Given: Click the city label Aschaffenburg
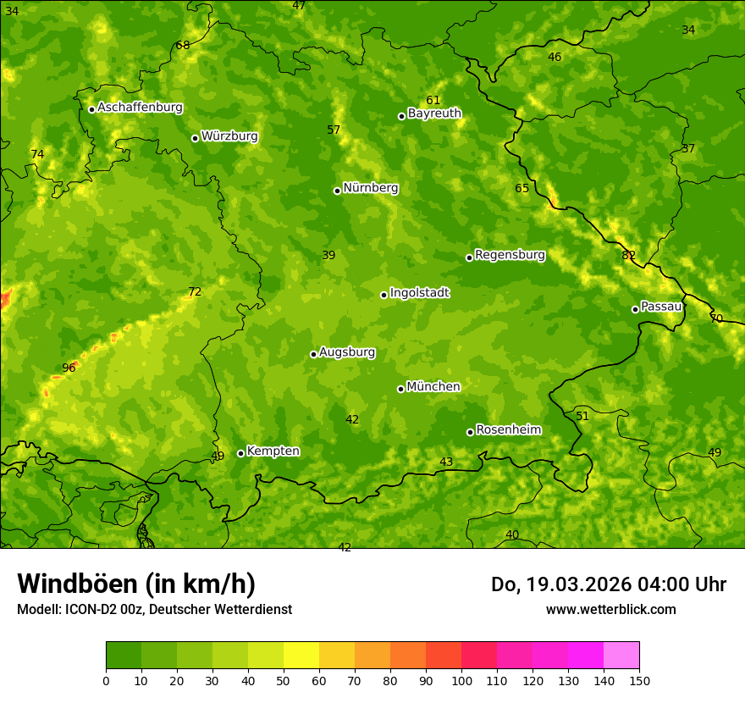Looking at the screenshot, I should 140,108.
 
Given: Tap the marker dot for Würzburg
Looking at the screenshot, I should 195,138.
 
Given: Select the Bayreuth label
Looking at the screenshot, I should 434,113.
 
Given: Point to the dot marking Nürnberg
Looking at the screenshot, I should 337,191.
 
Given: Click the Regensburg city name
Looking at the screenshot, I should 510,255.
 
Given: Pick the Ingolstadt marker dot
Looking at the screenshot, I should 384,295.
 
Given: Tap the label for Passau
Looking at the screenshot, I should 661,307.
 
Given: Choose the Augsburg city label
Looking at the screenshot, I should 347,352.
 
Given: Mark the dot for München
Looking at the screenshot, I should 400,389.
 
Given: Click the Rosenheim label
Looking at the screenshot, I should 508,430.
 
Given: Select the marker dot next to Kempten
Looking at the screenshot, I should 240,453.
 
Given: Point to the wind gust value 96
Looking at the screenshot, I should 69,368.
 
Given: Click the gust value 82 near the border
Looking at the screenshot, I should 628,255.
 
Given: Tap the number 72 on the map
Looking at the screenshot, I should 195,292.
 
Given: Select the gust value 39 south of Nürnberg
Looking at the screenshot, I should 328,255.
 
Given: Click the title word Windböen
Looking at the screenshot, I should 77,584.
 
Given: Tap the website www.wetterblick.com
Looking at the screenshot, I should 610,609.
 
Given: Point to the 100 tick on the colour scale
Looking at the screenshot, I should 461,680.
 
